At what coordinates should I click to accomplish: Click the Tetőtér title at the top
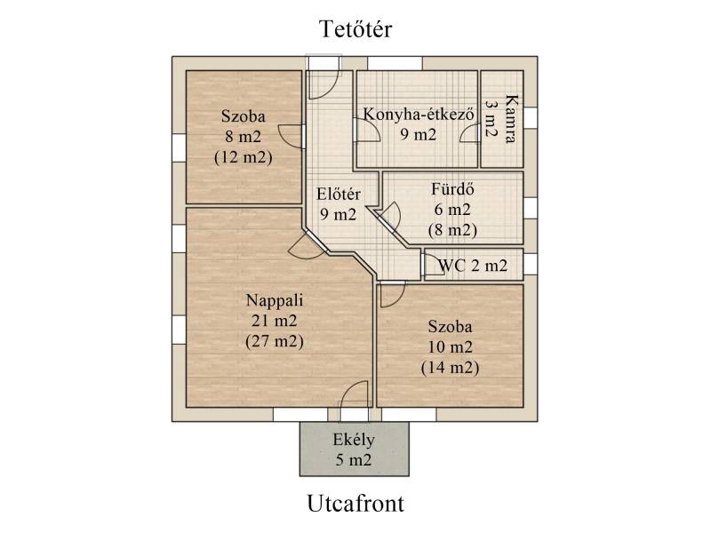pos(355,29)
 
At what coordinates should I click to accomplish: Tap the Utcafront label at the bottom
pos(355,504)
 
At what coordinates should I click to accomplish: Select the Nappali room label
pos(275,300)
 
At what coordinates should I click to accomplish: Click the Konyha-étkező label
pos(419,114)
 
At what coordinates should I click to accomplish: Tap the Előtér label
pos(339,194)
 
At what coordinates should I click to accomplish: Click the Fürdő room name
pos(452,188)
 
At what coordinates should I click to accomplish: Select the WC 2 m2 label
pos(473,265)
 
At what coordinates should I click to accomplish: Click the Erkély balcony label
pos(354,440)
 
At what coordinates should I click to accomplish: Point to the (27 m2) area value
pos(275,341)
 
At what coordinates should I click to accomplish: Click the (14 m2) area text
pos(450,367)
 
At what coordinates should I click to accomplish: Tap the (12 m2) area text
pos(243,157)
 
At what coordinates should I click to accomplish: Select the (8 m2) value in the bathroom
pos(452,230)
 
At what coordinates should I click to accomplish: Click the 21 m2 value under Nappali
pos(275,321)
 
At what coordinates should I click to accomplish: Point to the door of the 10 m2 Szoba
pos(392,295)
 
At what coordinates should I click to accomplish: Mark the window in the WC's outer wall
pos(531,264)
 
